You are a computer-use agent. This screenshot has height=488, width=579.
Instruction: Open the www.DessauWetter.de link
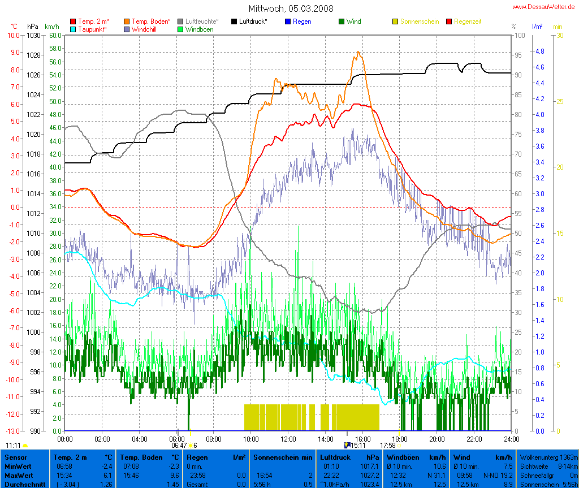point(543,6)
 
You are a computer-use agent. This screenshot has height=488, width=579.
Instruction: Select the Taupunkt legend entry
point(90,29)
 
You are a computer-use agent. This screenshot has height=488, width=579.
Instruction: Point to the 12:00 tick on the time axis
point(288,439)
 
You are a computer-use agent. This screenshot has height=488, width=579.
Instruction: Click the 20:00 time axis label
point(437,439)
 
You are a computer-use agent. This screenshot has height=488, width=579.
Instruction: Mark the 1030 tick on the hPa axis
point(34,35)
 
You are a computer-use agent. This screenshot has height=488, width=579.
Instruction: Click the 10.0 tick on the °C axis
point(13,35)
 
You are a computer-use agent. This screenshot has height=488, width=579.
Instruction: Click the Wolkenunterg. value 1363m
point(566,456)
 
